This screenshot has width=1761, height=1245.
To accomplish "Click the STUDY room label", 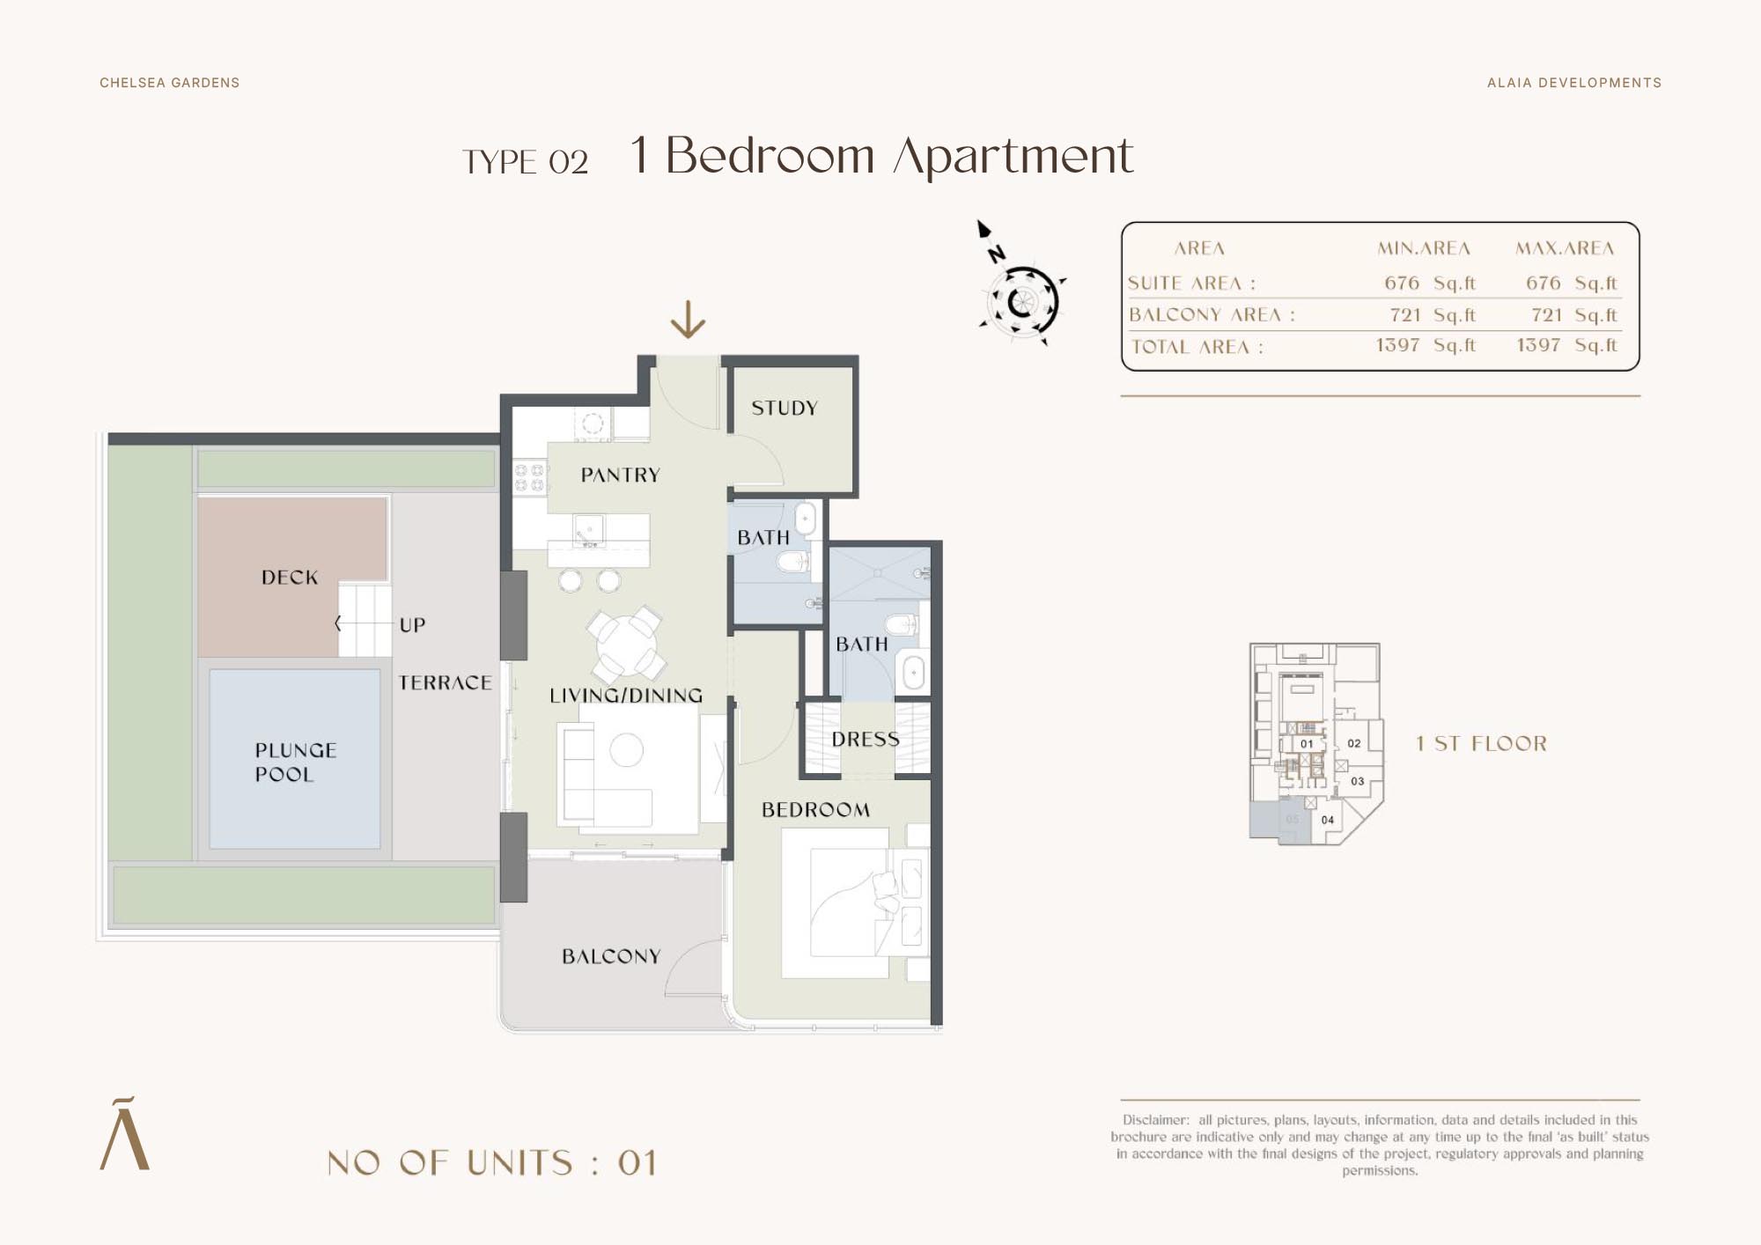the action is pos(785,408).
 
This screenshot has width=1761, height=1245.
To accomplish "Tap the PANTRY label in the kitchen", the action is pos(621,475).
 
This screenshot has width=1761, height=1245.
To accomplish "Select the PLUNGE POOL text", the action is pos(296,762).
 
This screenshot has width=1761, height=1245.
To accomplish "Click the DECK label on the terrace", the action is pos(290,578).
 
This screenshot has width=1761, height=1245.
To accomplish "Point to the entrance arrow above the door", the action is pos(688,320).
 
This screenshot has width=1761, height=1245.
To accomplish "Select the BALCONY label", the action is pos(611,956).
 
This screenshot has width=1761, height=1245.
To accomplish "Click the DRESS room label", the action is pos(866,740).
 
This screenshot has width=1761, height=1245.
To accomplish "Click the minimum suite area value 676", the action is pos(1402,283).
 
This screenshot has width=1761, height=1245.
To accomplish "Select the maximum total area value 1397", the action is pos(1538,345).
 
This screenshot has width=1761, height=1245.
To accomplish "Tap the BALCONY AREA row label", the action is pos(1212,314).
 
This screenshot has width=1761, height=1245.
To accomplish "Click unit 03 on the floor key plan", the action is pos(1358,781).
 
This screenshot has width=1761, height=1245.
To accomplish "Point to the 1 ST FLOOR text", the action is pos(1481,743).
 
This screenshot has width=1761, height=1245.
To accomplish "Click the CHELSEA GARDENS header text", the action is pos(170,83).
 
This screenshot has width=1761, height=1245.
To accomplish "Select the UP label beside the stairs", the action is pos(412,625).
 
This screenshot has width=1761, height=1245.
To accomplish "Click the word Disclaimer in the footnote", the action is pos(1155,1120).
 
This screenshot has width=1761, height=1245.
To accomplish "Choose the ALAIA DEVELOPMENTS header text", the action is pos(1574,83).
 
